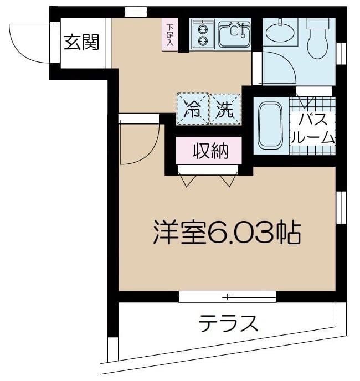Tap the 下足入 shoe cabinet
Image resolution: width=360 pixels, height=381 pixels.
[x=169, y=34]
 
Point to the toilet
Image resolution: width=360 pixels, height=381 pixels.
[x=317, y=39]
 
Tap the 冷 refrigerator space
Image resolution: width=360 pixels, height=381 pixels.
[x=192, y=109]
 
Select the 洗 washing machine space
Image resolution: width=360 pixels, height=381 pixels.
[x=225, y=109]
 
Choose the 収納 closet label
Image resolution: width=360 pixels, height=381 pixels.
[x=209, y=151]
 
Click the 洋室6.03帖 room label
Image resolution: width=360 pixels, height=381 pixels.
[x=227, y=234]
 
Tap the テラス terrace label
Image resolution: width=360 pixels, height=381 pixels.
[x=229, y=322]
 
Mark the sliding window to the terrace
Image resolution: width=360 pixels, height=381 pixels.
[x=227, y=297]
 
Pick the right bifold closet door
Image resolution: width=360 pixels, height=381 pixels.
[x=228, y=179]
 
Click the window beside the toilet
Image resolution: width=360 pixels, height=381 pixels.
[x=341, y=53]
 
